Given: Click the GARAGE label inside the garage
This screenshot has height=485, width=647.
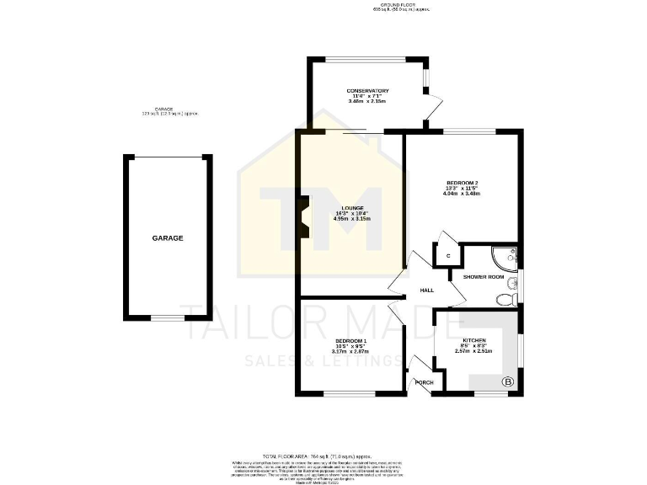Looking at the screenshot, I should coord(168,238).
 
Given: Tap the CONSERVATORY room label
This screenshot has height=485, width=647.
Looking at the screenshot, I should coord(367,91).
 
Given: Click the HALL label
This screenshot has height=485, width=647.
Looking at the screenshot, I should coord(427,290).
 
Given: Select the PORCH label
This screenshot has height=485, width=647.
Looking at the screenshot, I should coord(424,382).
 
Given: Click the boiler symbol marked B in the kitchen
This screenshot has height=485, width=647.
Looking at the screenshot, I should coord(508,382).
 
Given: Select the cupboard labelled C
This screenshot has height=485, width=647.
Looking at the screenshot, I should coord(448,254).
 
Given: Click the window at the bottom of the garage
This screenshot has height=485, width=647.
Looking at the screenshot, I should coord(168,317).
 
